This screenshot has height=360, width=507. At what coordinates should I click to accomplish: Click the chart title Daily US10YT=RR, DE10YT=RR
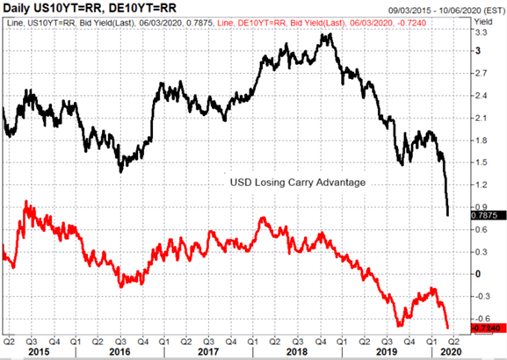tap(90, 7)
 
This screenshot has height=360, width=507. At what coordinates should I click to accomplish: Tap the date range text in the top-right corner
tap(446, 11)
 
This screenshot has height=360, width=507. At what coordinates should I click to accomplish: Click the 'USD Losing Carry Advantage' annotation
tap(298, 183)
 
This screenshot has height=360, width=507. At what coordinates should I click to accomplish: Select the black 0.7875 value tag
tap(489, 215)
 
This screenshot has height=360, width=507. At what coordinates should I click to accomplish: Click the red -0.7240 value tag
tap(489, 328)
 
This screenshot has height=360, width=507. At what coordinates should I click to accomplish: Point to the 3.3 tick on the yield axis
tap(481, 32)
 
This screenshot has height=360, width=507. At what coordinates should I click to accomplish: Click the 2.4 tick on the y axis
tap(481, 96)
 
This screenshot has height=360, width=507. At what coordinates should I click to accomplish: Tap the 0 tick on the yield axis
tap(478, 274)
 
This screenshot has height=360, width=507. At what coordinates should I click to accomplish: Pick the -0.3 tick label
tap(480, 296)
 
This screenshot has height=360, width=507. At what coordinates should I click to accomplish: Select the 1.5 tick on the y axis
tap(481, 162)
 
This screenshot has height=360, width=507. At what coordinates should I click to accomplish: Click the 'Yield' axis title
tap(482, 22)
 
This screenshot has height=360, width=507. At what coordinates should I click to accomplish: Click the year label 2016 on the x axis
tap(120, 351)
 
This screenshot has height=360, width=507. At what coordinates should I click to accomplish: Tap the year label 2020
tap(451, 351)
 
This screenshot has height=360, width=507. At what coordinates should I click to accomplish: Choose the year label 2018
tap(297, 351)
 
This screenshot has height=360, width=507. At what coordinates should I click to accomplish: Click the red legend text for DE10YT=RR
tap(322, 23)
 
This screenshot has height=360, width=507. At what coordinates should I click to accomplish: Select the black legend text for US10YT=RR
tap(110, 23)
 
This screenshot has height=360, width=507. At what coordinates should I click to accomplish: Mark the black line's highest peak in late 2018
tap(330, 33)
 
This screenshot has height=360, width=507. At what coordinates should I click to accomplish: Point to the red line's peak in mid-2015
tap(26, 201)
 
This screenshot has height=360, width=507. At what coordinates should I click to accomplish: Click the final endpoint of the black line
tap(448, 215)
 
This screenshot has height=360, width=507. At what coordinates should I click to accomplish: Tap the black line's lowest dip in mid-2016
tap(121, 172)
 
